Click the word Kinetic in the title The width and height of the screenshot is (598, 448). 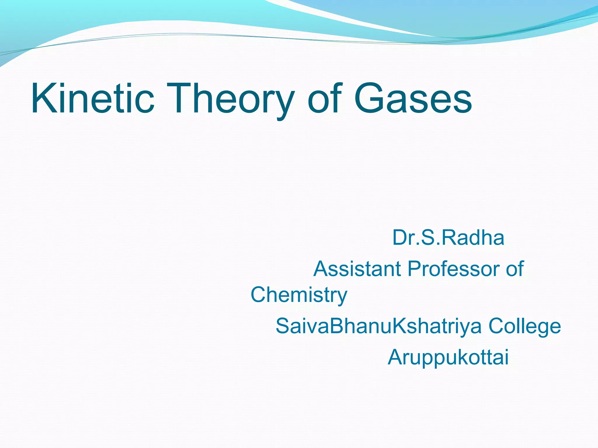coord(92,98)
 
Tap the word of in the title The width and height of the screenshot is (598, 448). coord(324,98)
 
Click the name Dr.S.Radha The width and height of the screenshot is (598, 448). coord(448,238)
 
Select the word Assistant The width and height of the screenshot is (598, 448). coord(357,269)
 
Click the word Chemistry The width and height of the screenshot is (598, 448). coord(299,295)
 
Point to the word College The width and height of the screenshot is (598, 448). coord(524,326)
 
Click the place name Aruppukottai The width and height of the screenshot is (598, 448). coord(448,357)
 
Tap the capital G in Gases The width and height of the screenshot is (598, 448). coord(370,98)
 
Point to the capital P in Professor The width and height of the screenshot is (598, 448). coord(415,269)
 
